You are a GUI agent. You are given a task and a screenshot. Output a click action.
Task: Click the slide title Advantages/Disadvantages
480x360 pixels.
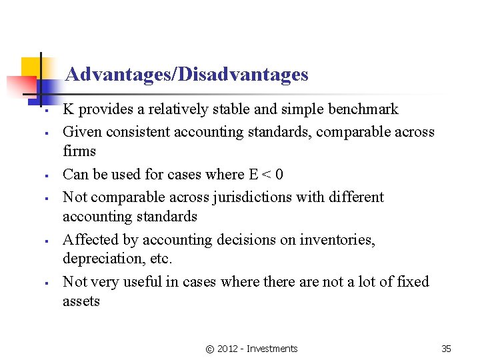click(187, 74)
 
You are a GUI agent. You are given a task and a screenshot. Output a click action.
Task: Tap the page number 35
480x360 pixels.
click(446, 349)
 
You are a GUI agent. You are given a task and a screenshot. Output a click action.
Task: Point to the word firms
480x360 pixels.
click(79, 151)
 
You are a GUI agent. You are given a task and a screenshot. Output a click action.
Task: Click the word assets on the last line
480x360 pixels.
click(81, 301)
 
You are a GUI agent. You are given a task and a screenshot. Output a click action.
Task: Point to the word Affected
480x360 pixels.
click(87, 239)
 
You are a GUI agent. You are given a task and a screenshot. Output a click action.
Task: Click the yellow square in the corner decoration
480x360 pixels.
click(31, 67)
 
